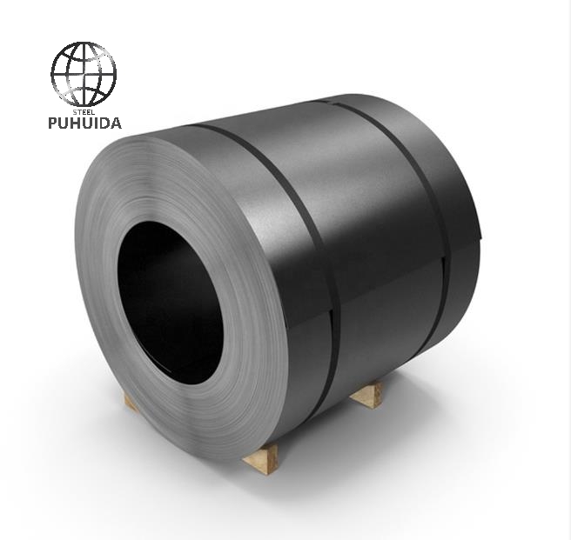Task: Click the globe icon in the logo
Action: tap(83, 73)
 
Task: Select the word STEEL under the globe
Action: tap(84, 111)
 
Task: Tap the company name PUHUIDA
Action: tap(84, 123)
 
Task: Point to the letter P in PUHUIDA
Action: tap(53, 123)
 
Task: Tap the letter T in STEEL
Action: tap(79, 111)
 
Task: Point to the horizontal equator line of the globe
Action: tap(83, 74)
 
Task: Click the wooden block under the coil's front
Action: tap(260, 457)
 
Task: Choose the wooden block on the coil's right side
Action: tap(366, 395)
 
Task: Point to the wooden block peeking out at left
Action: tap(131, 402)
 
